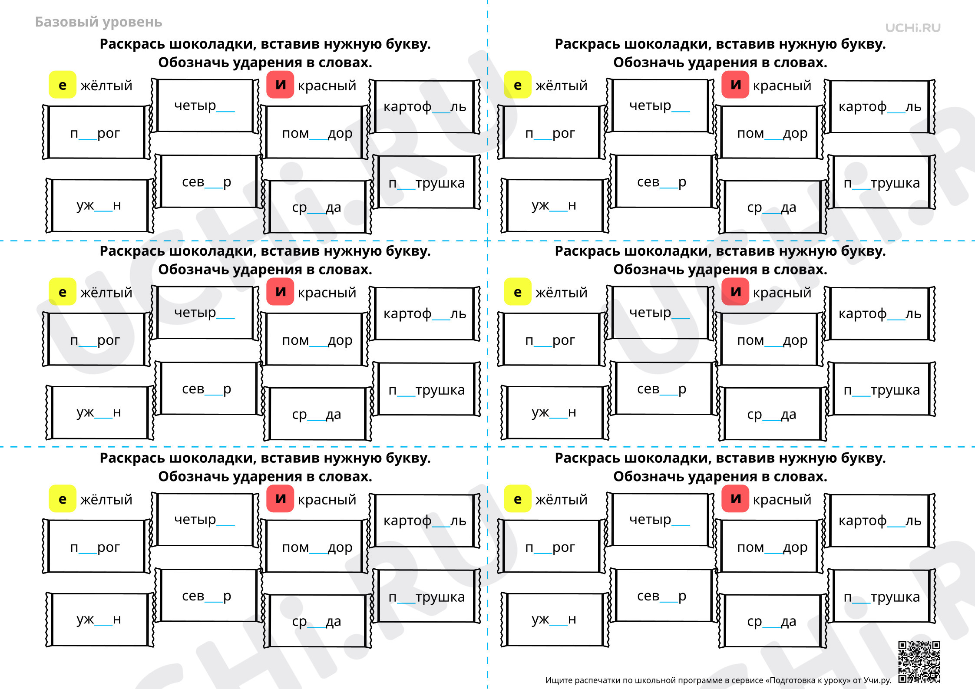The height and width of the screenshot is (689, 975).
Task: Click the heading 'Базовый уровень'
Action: pyautogui.click(x=99, y=22)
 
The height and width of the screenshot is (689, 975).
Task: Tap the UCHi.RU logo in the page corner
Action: pyautogui.click(x=913, y=28)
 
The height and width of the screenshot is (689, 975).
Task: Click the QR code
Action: pyautogui.click(x=919, y=662)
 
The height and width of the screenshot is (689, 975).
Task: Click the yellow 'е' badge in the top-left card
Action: pyautogui.click(x=62, y=85)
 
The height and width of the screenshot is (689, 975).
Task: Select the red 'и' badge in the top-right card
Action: pyautogui.click(x=735, y=84)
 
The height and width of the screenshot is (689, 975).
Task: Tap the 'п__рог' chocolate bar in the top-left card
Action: pyautogui.click(x=96, y=132)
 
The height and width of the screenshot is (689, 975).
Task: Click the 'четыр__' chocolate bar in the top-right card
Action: pyautogui.click(x=660, y=105)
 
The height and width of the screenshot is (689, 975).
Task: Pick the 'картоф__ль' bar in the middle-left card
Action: pyautogui.click(x=425, y=313)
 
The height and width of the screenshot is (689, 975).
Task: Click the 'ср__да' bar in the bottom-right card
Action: pyautogui.click(x=772, y=621)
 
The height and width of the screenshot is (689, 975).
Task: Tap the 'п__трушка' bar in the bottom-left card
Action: pyautogui.click(x=426, y=597)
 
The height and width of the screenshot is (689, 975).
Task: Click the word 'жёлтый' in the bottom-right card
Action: pyautogui.click(x=561, y=500)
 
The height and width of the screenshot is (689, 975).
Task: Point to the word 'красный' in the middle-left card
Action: pyautogui.click(x=327, y=293)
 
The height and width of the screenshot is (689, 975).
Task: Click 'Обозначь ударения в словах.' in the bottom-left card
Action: pyautogui.click(x=265, y=477)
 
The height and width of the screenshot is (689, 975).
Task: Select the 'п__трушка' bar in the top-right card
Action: pyautogui.click(x=882, y=182)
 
